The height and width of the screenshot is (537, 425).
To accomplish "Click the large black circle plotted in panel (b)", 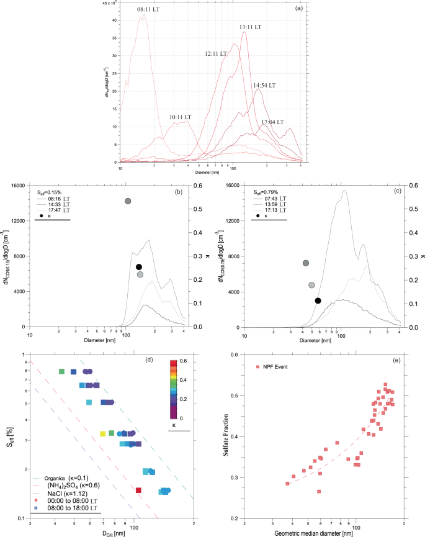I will pos(139,267).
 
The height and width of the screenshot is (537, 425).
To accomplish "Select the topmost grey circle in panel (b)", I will pos(128,201).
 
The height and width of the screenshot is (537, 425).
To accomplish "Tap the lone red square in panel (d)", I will pos(138,490).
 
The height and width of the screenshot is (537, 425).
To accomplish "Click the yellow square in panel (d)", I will pos(102,433).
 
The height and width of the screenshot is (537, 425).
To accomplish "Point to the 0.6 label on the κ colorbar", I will pos(184,361).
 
